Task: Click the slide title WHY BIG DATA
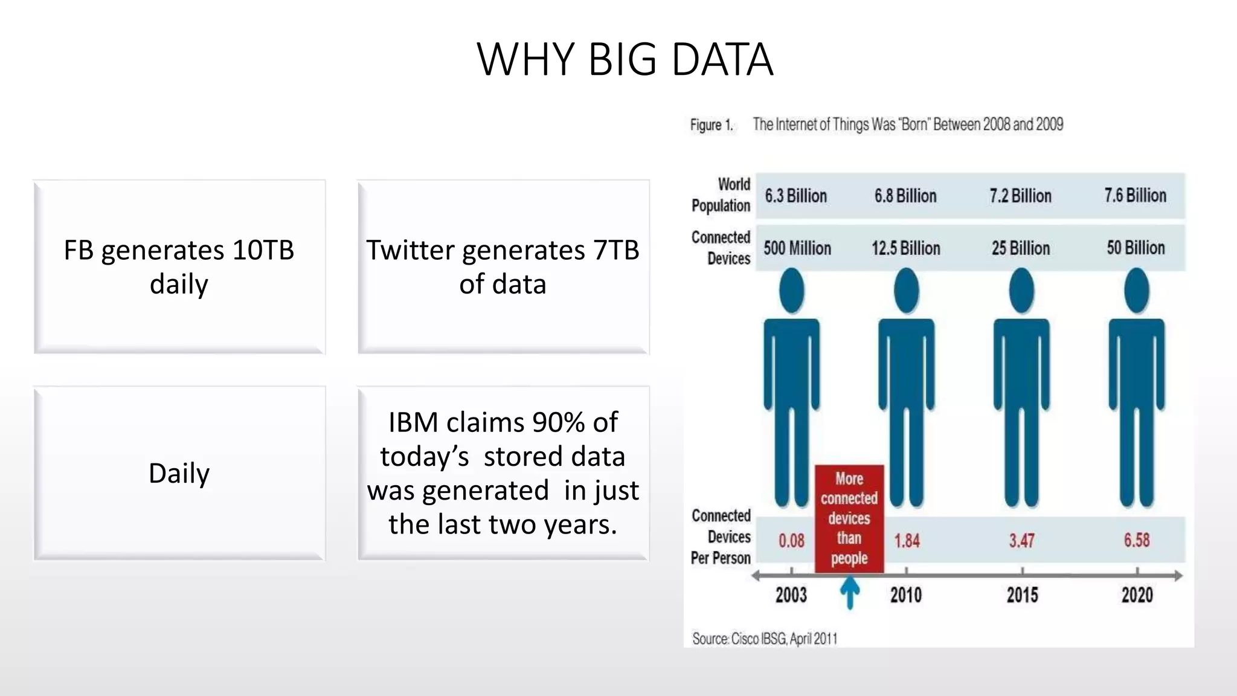[x=625, y=59]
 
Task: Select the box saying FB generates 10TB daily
[x=179, y=266]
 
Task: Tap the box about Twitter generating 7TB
[x=503, y=266]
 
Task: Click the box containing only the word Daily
[x=179, y=473]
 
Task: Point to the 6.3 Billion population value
[x=795, y=196]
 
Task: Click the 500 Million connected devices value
[x=797, y=248]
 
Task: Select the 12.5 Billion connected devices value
[x=905, y=248]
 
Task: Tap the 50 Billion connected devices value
[x=1136, y=248]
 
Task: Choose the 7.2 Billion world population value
[x=1020, y=196]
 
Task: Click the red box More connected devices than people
[x=849, y=518]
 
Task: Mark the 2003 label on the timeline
[x=791, y=595]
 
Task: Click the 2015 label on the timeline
[x=1022, y=595]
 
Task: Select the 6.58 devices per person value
[x=1136, y=540]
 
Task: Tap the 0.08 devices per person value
[x=791, y=540]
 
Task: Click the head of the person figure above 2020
[x=1136, y=291]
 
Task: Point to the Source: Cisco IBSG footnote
[x=764, y=639]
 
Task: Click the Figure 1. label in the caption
[x=712, y=125]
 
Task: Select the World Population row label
[x=721, y=195]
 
